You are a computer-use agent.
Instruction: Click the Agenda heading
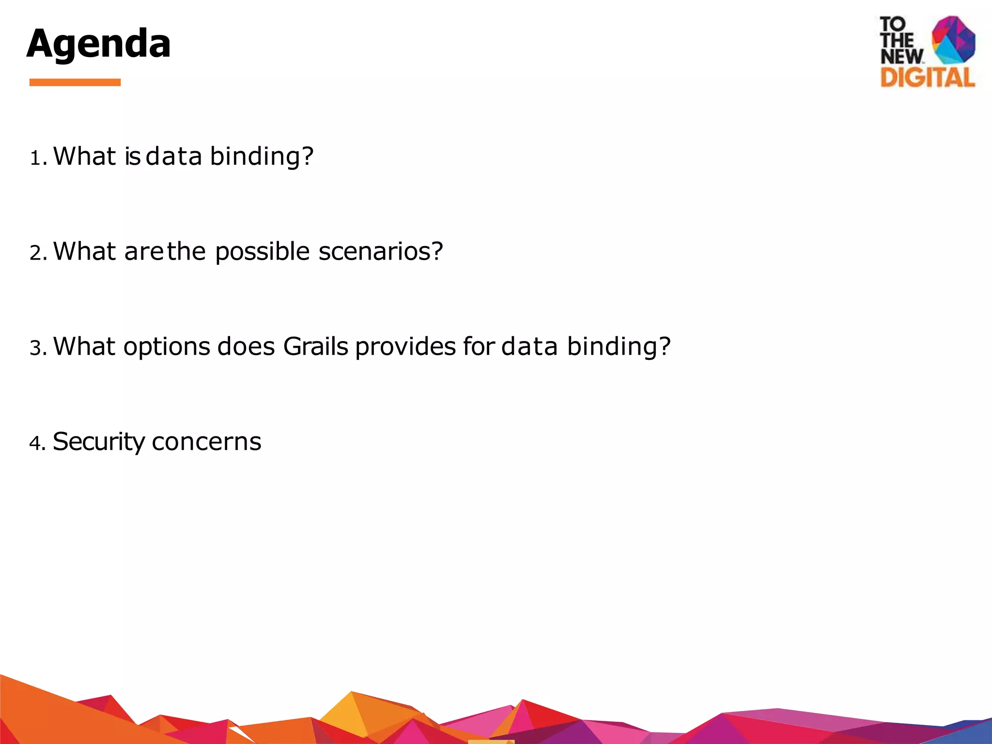click(x=98, y=44)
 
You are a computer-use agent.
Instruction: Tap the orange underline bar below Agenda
click(x=75, y=82)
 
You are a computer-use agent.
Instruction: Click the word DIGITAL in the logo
click(x=927, y=77)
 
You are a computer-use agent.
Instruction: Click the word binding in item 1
click(x=262, y=157)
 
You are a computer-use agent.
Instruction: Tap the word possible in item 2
click(x=262, y=252)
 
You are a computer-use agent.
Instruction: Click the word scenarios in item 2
click(x=381, y=252)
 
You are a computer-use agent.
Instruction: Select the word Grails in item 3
click(x=315, y=347)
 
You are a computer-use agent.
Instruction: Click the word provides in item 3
click(x=405, y=347)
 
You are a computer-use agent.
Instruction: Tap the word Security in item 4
click(x=98, y=442)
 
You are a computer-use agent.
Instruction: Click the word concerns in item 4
click(x=206, y=442)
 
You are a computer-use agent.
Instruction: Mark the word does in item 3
click(x=246, y=347)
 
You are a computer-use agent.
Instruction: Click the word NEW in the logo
click(x=901, y=56)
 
